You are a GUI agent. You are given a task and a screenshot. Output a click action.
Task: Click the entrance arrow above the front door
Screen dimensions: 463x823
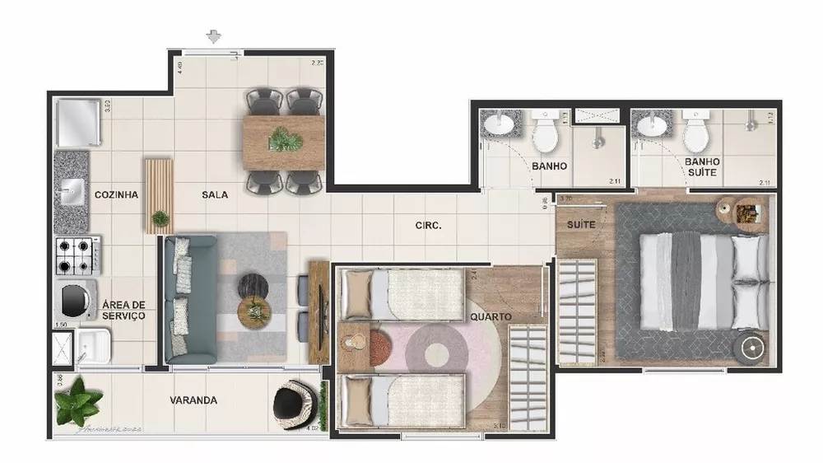click(x=214, y=36)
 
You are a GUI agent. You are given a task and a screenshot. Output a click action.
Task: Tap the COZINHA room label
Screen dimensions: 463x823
click(x=116, y=195)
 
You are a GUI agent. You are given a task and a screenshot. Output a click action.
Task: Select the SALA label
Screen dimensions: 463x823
click(x=215, y=195)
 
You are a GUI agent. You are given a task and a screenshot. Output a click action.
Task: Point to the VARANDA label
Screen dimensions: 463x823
click(x=193, y=400)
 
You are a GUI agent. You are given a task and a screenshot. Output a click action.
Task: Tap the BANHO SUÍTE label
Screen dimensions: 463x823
click(x=703, y=167)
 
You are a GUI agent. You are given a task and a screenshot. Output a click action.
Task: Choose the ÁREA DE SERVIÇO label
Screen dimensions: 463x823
click(x=123, y=311)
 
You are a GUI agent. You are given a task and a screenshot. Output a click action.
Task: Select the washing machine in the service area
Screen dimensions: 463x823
click(x=76, y=301)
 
